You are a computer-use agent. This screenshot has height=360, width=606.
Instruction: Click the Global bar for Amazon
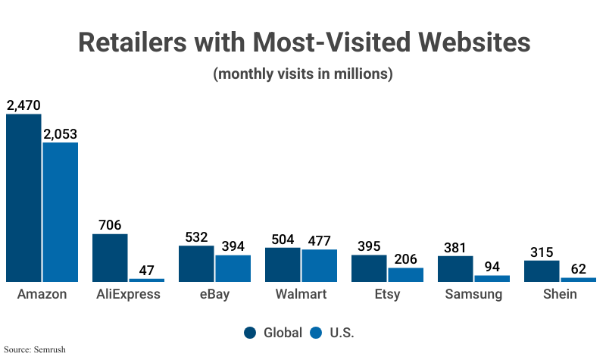[x=23, y=198]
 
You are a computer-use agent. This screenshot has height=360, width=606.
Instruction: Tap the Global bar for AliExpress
[x=110, y=258]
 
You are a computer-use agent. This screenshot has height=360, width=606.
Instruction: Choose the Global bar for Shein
[x=542, y=271]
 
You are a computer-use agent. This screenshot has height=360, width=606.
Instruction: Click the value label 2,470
[x=23, y=105]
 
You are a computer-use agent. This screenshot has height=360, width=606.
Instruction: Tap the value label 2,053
[x=60, y=134]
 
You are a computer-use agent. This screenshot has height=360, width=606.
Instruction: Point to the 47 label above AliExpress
[x=146, y=270]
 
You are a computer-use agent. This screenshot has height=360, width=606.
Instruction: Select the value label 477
[x=319, y=240]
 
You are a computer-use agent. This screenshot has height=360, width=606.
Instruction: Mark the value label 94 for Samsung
[x=492, y=266]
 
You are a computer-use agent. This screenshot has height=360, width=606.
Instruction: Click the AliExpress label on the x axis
[x=128, y=294]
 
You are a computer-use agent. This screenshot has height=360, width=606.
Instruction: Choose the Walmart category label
[x=301, y=294]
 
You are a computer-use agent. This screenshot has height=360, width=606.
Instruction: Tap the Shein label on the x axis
[x=560, y=294]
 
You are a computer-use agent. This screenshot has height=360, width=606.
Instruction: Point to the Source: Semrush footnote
[x=33, y=349]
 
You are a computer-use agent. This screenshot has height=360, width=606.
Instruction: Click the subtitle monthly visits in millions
[x=303, y=74]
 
